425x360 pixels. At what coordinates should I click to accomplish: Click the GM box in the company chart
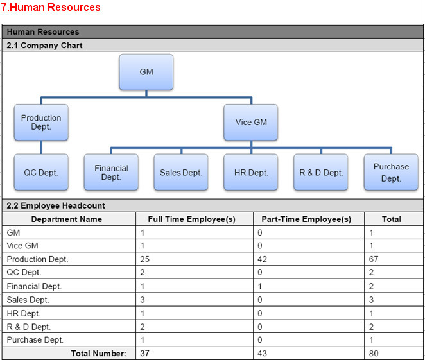(146, 72)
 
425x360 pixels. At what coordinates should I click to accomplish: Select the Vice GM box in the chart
(251, 122)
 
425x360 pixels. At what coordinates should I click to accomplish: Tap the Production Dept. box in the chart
(41, 122)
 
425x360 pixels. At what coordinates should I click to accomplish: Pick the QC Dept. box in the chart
(41, 172)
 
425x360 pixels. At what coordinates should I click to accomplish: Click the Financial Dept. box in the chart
(111, 172)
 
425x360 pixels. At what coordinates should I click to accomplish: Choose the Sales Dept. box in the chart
(181, 172)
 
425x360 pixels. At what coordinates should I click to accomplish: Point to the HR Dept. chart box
(251, 172)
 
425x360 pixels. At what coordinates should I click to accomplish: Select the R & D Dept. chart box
(321, 172)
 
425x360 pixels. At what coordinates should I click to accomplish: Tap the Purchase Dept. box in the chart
(391, 172)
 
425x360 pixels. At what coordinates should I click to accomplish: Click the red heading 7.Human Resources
(51, 7)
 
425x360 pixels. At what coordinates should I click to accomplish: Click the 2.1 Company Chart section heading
(44, 45)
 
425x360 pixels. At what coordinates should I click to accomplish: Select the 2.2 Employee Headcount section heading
(56, 205)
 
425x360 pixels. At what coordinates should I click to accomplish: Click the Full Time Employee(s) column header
(191, 219)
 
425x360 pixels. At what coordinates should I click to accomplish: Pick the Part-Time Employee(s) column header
(306, 219)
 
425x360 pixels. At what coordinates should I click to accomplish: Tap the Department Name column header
(66, 219)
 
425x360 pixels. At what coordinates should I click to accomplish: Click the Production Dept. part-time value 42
(262, 259)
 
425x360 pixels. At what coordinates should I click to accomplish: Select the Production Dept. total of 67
(374, 259)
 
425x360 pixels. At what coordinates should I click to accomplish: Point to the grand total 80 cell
(374, 353)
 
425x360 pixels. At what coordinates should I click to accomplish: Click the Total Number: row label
(99, 353)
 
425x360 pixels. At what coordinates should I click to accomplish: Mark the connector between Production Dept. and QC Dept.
(41, 147)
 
